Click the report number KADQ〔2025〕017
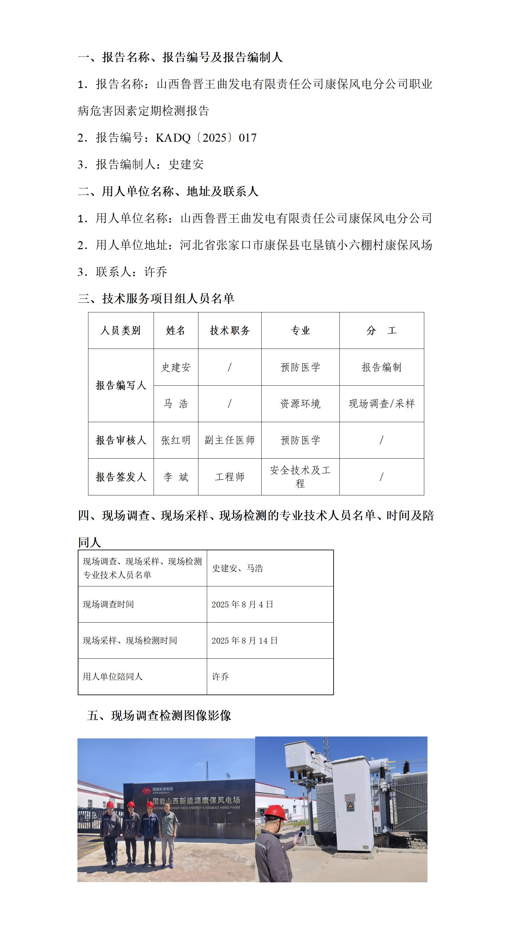pyautogui.click(x=206, y=138)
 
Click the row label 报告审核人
pyautogui.click(x=121, y=440)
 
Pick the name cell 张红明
pyautogui.click(x=176, y=440)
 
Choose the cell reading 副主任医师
pyautogui.click(x=230, y=440)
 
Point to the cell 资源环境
pyautogui.click(x=300, y=403)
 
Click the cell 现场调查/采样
pyautogui.click(x=382, y=403)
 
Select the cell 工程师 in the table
pyautogui.click(x=230, y=477)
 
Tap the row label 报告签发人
pyautogui.click(x=121, y=477)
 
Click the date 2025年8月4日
pyautogui.click(x=242, y=604)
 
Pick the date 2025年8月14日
pyautogui.click(x=245, y=641)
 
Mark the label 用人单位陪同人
pyautogui.click(x=113, y=676)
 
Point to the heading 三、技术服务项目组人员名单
pyautogui.click(x=156, y=299)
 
